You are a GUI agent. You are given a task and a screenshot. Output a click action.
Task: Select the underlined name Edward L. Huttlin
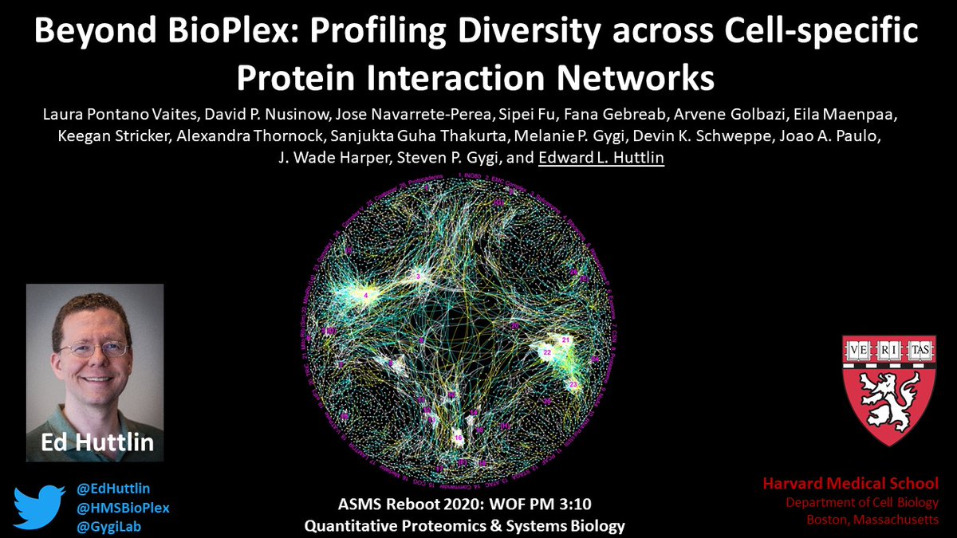click(x=601, y=159)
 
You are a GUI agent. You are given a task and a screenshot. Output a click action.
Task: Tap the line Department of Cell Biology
click(x=862, y=502)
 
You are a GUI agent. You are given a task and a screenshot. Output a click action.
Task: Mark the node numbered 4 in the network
click(x=366, y=296)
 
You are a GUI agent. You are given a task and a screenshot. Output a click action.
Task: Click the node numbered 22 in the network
click(x=547, y=351)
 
